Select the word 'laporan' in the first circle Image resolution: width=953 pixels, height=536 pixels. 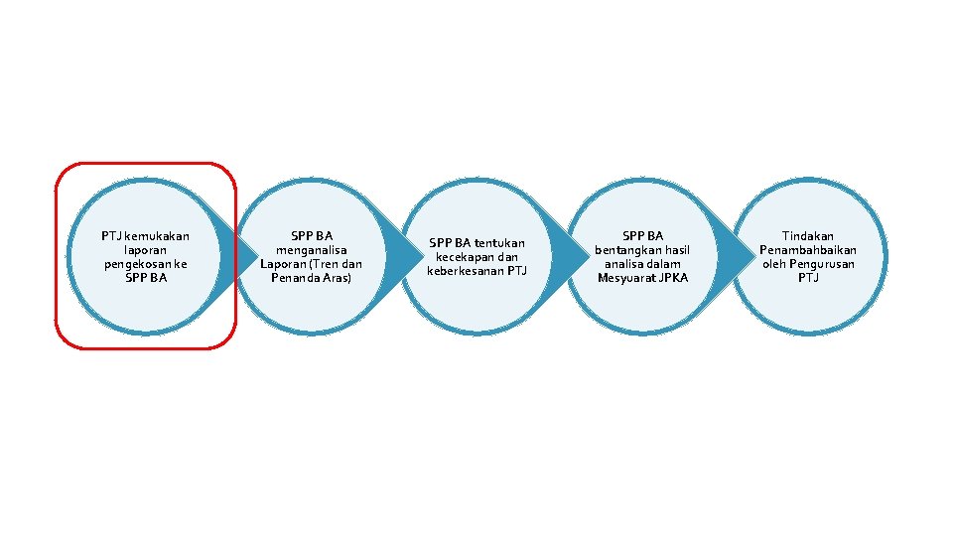(x=145, y=250)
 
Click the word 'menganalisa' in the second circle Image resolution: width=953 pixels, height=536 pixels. (x=311, y=250)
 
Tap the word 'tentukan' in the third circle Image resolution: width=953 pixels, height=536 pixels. (x=499, y=243)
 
